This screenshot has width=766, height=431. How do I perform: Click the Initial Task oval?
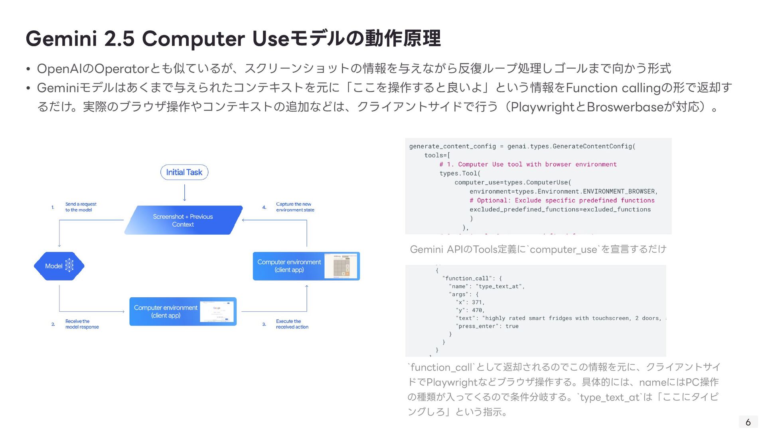[184, 172]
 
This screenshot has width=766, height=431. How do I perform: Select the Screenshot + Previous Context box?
[183, 220]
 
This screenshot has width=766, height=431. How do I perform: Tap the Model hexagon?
[59, 266]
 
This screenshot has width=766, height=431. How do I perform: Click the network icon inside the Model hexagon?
[69, 265]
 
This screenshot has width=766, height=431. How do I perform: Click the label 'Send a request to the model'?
[81, 207]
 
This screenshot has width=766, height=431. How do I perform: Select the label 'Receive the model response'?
[82, 324]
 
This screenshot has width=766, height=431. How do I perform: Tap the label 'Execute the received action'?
[292, 324]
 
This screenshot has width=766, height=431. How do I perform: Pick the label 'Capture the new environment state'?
[295, 207]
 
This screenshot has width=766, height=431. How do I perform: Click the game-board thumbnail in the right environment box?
[341, 266]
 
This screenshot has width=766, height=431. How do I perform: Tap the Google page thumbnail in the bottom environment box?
[217, 312]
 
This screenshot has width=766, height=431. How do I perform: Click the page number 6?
[748, 422]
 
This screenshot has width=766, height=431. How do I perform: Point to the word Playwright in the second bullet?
[543, 107]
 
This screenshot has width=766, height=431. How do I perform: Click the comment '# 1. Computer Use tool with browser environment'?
[528, 164]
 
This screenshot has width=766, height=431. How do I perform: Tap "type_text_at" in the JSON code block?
[499, 287]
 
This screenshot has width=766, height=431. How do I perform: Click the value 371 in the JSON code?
[477, 302]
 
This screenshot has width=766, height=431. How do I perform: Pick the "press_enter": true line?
[487, 326]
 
